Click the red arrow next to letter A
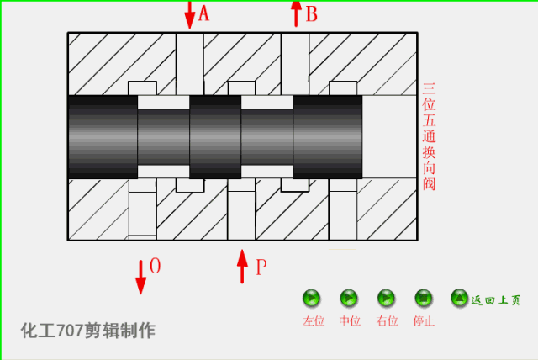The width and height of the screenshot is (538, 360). (x=190, y=14)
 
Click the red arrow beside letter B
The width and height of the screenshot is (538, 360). (x=296, y=13)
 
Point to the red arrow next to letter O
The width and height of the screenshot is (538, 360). (x=140, y=277)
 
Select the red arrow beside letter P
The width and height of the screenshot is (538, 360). (x=242, y=267)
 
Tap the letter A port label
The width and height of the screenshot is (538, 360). (x=203, y=13)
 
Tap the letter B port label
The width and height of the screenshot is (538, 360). (x=311, y=13)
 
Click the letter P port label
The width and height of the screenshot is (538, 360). (x=261, y=268)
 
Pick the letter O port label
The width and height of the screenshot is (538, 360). (x=155, y=267)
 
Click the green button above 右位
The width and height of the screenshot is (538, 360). (x=386, y=298)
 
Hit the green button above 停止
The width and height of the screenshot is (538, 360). (x=424, y=298)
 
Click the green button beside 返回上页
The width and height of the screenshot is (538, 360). (x=459, y=297)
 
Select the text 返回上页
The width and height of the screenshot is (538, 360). (x=496, y=299)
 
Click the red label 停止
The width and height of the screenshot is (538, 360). (x=424, y=321)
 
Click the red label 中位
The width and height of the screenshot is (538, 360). (x=349, y=321)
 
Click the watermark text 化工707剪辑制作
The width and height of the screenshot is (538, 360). (x=88, y=331)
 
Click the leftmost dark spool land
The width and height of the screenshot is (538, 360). (x=103, y=136)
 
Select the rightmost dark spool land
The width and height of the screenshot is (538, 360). (x=328, y=136)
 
